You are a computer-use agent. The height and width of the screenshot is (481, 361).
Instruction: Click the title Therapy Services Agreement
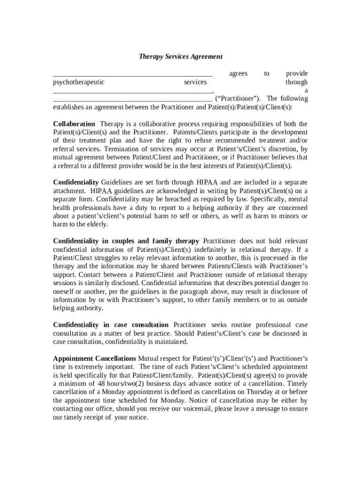point(180,57)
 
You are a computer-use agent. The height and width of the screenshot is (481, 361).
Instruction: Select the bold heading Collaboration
point(74,124)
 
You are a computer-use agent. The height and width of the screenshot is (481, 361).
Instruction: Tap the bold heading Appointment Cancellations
point(95,358)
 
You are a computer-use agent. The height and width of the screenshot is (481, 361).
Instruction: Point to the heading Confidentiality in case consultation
point(111,325)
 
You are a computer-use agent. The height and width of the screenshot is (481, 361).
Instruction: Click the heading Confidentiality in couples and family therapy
point(126,241)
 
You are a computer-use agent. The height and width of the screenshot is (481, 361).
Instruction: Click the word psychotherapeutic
point(79,82)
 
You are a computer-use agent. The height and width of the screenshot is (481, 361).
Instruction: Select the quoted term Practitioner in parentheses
point(236,99)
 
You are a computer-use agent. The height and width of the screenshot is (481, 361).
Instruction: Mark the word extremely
point(92,367)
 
